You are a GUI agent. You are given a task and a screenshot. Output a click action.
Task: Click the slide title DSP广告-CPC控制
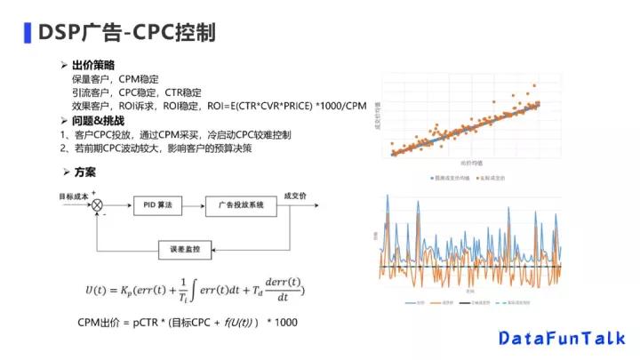(x=125, y=33)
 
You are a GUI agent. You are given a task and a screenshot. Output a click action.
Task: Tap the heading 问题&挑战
(x=98, y=121)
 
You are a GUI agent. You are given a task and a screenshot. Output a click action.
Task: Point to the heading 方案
(x=84, y=172)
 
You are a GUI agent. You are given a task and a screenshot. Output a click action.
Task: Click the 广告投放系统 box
(x=240, y=205)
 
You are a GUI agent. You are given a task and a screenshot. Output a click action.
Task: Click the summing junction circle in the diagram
(x=97, y=205)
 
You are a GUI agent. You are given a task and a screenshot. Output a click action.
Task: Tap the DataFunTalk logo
(x=562, y=338)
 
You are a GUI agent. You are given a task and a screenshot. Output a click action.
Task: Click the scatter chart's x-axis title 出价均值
(x=472, y=165)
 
